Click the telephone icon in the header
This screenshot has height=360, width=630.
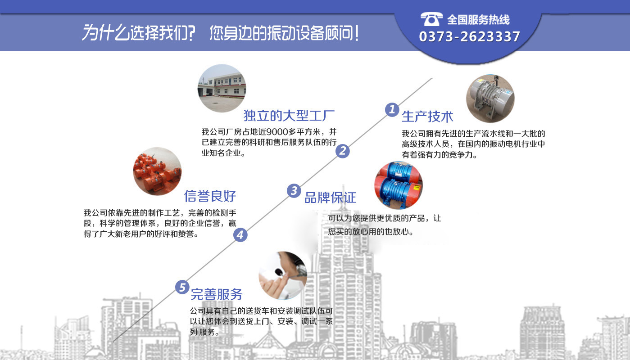tap(431, 19)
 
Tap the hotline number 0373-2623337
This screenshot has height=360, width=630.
tap(469, 37)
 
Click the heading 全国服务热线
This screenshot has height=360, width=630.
tap(478, 20)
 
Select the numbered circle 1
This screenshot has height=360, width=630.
tap(392, 109)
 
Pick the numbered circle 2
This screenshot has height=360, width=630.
tap(343, 151)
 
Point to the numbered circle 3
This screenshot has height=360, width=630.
tap(294, 190)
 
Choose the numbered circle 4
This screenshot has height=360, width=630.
tap(240, 234)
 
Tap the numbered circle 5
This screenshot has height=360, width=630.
tap(182, 287)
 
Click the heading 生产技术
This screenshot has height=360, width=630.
tap(427, 117)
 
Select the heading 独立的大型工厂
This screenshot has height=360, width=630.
tap(289, 116)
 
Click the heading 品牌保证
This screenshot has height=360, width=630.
tap(330, 198)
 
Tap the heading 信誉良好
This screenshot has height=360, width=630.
tap(210, 196)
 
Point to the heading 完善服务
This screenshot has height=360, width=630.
tap(217, 294)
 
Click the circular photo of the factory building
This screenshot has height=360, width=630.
tap(222, 88)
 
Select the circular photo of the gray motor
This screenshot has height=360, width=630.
tap(490, 99)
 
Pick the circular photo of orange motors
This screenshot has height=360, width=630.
tap(157, 171)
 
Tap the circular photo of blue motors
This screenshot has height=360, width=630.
tap(398, 185)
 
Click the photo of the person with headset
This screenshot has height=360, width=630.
tap(283, 275)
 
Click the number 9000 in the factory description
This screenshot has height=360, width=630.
tap(277, 132)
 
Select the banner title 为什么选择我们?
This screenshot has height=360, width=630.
tap(138, 33)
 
